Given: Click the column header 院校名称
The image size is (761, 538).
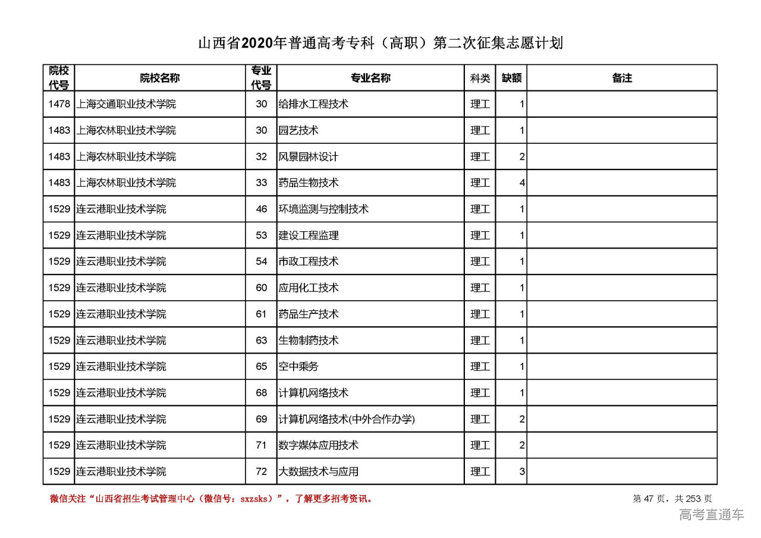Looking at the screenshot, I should coord(159,78).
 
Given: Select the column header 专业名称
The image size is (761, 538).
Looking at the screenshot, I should coord(370,78).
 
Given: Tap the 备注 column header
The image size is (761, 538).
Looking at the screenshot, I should coord(621,78).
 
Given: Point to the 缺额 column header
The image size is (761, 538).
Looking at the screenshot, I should coord(511,78).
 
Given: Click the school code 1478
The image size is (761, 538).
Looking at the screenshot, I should coord(59,104).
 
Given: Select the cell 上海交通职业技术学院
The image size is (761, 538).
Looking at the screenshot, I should coord(126,104).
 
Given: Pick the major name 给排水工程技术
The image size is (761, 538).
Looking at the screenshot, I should coord(313,104).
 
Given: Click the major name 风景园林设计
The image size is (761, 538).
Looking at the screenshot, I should coord(308,157).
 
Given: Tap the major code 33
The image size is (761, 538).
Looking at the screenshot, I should coord(262,183).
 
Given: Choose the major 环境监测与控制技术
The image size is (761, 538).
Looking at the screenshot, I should coord(323,209).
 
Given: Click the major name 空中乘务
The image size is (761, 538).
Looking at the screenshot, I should coord(298,367).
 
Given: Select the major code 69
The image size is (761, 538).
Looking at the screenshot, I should coord(262,419).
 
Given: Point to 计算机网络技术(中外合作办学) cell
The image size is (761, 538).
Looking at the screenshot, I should coord(347,419).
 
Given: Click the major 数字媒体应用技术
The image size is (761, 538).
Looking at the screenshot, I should coord(318,445).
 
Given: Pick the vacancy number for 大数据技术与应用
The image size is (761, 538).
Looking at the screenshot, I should coord(522,472).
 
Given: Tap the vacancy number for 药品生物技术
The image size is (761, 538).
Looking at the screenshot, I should coord(522,183).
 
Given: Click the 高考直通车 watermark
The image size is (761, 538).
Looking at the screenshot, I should coord(711,515).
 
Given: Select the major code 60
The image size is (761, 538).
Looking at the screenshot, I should coord(262,288).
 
